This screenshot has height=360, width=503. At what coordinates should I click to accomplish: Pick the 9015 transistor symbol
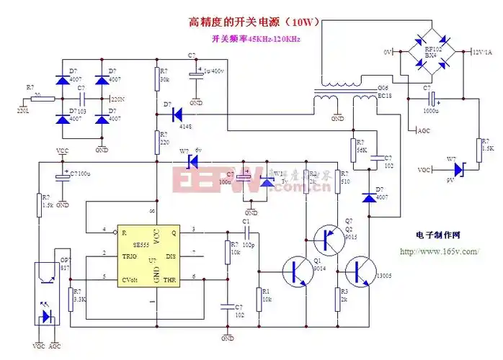pyautogui.click(x=329, y=238)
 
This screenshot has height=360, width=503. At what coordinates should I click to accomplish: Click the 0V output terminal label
pyautogui.click(x=387, y=52)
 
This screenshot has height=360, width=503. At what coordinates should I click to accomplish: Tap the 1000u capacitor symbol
pyautogui.click(x=433, y=98)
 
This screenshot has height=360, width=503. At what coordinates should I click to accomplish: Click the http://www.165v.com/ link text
pyautogui.click(x=438, y=251)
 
